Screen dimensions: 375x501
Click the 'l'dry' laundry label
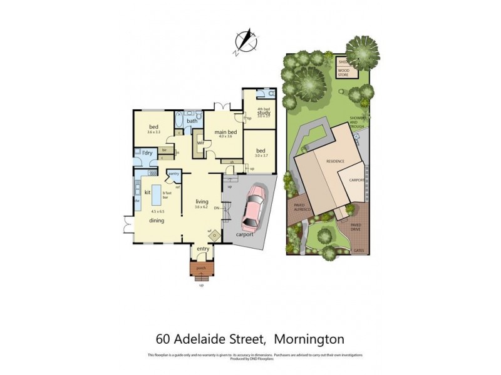point(148,153)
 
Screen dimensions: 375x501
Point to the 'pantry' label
point(174,174)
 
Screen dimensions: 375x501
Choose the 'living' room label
point(202,201)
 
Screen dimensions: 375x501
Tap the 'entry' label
point(202,249)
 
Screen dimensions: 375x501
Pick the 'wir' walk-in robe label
point(201,142)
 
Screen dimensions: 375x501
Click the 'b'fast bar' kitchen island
point(167,194)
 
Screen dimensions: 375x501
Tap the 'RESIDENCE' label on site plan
point(335,161)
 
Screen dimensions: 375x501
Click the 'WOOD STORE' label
point(344,72)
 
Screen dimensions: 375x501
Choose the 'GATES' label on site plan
point(359,250)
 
